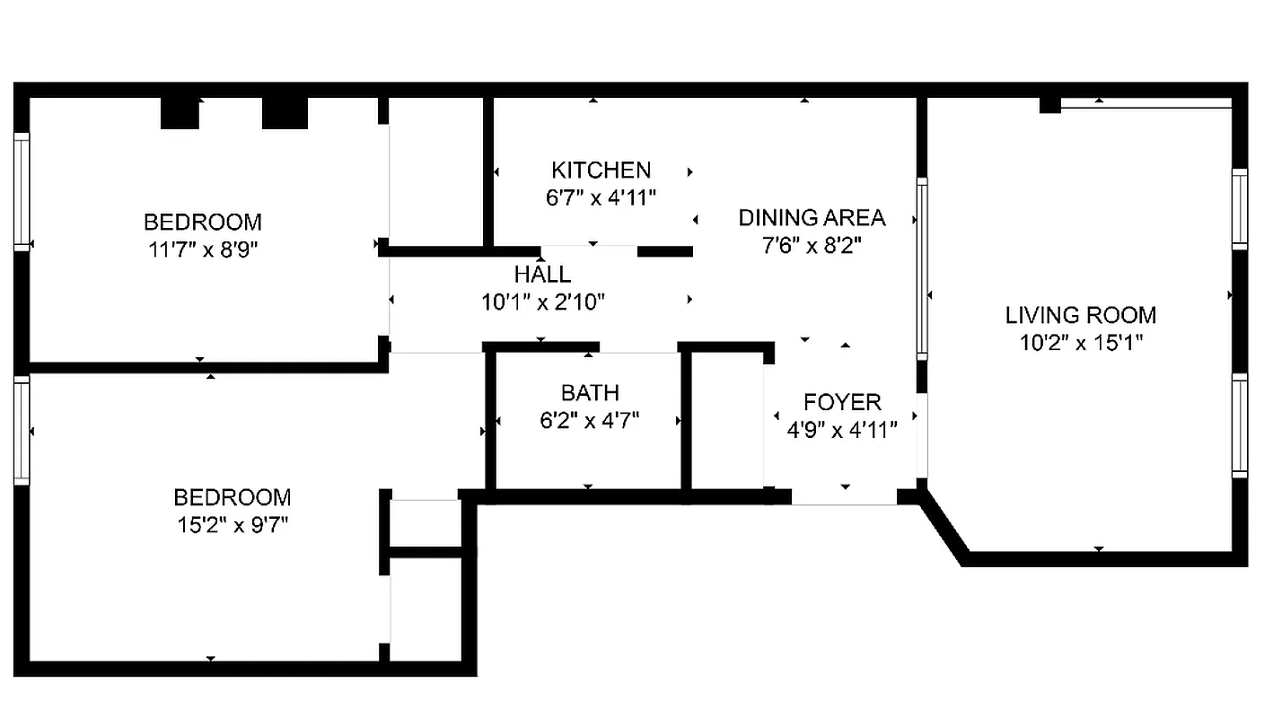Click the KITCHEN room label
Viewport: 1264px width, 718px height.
(601, 170)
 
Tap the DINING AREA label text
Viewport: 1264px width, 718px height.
(812, 217)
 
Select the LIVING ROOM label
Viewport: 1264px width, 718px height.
(1080, 315)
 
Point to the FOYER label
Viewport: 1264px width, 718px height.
(842, 402)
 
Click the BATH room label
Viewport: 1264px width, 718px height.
(590, 392)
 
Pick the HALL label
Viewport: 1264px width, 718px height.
(542, 274)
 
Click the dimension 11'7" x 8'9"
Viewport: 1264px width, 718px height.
(203, 250)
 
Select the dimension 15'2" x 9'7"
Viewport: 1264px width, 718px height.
(232, 525)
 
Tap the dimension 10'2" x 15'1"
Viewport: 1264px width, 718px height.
(1080, 342)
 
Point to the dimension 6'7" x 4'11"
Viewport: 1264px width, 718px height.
(601, 197)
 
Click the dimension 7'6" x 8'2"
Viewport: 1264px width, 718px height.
(812, 245)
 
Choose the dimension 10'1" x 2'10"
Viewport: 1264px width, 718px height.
(542, 302)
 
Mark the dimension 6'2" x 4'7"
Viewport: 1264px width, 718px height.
(590, 420)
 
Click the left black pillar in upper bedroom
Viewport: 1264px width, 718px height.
(180, 112)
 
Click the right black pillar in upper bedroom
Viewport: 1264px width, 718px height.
(285, 112)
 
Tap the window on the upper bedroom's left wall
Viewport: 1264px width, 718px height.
(22, 190)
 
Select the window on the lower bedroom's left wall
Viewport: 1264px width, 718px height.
(22, 431)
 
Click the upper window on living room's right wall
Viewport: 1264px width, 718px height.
(1239, 208)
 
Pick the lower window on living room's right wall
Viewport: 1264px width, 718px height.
(1239, 425)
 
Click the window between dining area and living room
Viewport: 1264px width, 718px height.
(921, 268)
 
